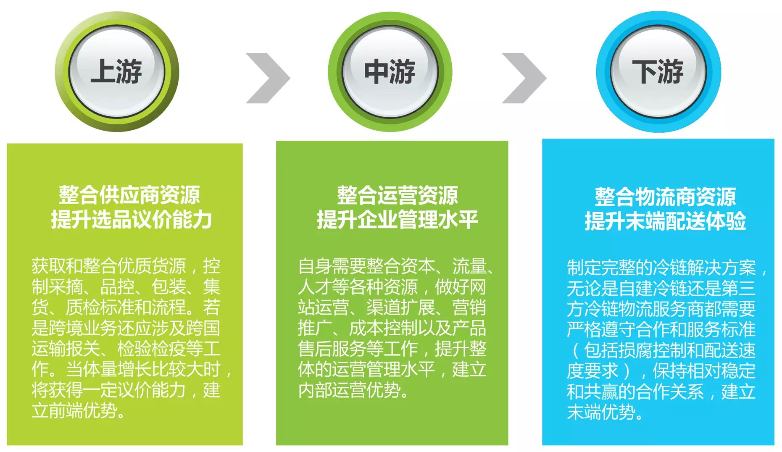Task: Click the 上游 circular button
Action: pyautogui.click(x=116, y=71)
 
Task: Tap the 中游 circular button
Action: pyautogui.click(x=390, y=71)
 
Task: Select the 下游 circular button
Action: pyautogui.click(x=658, y=71)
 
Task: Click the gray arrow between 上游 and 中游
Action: pyautogui.click(x=268, y=78)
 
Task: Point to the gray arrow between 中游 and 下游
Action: pyautogui.click(x=524, y=78)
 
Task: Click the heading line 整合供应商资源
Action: pyautogui.click(x=129, y=195)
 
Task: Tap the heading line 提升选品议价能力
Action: pyautogui.click(x=131, y=220)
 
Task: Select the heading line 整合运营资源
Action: pyautogui.click(x=397, y=196)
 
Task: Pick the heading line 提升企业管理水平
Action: pyautogui.click(x=397, y=220)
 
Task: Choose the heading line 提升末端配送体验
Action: pyautogui.click(x=665, y=221)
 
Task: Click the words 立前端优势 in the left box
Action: pyautogui.click(x=74, y=411)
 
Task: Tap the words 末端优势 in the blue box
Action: pyautogui.click(x=601, y=412)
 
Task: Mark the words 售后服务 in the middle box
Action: pyautogui.click(x=332, y=349)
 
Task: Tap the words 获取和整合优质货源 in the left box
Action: pyautogui.click(x=108, y=266)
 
